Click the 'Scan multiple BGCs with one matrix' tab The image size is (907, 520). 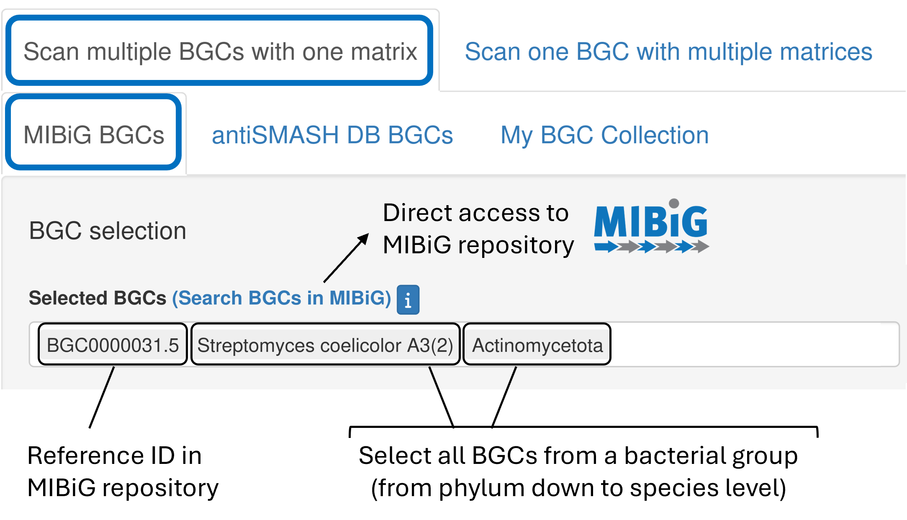(x=220, y=51)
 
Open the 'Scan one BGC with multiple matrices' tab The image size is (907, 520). (x=668, y=51)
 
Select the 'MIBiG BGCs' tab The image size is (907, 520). (x=94, y=135)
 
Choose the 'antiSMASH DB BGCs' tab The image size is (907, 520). (x=332, y=135)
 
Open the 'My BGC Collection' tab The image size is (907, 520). (x=604, y=135)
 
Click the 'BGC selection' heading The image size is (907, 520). (x=108, y=231)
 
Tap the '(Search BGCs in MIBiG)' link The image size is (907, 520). (x=281, y=298)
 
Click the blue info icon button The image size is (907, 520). (x=408, y=299)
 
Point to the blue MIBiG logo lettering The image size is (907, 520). (x=650, y=222)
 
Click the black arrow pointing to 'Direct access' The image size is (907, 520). (x=347, y=257)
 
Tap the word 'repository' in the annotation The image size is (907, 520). (x=516, y=245)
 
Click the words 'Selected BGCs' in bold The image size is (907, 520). (x=98, y=298)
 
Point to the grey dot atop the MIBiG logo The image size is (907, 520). (x=674, y=204)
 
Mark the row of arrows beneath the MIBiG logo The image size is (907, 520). (x=651, y=247)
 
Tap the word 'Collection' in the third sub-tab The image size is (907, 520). (x=655, y=135)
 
